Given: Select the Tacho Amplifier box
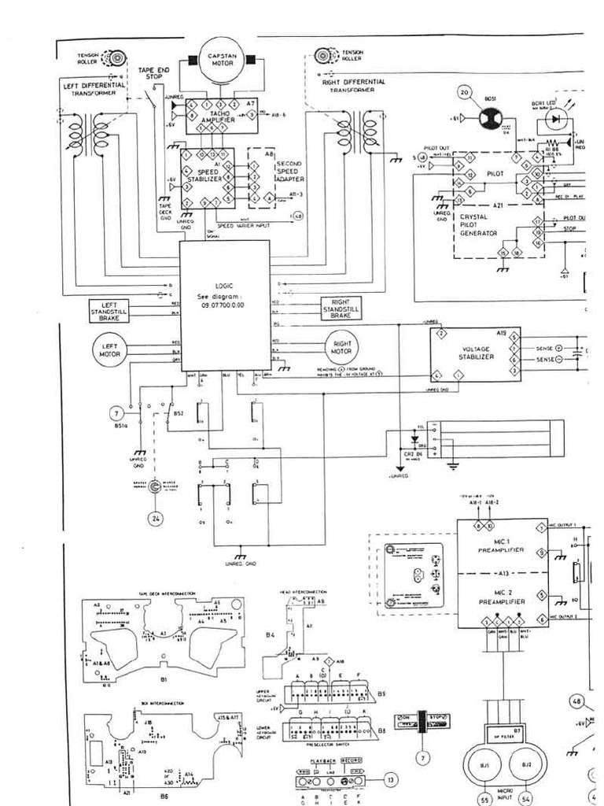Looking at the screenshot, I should coord(217,118).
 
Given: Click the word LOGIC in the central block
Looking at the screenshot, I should coord(225,286).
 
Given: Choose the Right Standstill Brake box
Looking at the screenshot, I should coord(340,309).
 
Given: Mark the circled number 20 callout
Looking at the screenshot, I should coord(465,92).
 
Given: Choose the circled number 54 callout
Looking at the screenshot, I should coord(525,798).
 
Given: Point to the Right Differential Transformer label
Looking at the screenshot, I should coord(353,85).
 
